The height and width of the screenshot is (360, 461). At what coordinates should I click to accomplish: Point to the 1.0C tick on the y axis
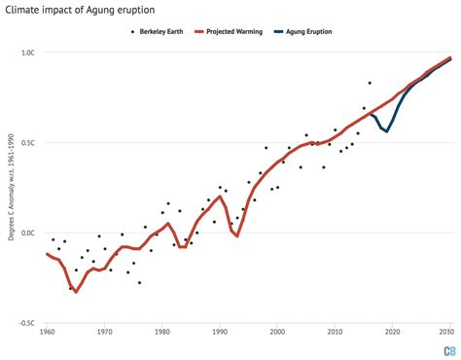point(27,52)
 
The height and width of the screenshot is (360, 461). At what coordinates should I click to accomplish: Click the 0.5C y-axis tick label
point(27,142)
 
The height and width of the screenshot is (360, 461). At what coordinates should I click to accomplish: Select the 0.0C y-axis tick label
point(27,233)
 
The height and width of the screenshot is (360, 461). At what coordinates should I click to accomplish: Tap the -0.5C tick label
point(26,323)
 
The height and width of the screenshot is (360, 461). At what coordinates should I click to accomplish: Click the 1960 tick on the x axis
point(48,334)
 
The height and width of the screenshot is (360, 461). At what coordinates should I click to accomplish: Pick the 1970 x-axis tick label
point(105,334)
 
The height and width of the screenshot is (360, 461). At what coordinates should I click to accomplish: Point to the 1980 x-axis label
point(162,334)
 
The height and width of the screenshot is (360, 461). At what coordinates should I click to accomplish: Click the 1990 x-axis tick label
point(220,334)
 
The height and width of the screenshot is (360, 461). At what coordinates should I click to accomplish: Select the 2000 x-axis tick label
point(278,334)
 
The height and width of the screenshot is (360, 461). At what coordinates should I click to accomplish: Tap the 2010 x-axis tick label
point(336,334)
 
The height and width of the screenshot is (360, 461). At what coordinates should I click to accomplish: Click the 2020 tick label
point(393,334)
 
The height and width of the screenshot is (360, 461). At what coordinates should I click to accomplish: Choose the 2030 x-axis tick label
point(448,334)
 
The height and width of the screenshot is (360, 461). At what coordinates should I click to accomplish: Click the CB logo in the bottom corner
point(449,350)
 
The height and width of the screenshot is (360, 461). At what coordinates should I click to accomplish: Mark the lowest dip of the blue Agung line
point(386,130)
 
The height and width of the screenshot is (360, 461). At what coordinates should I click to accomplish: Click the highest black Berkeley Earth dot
point(370,83)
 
